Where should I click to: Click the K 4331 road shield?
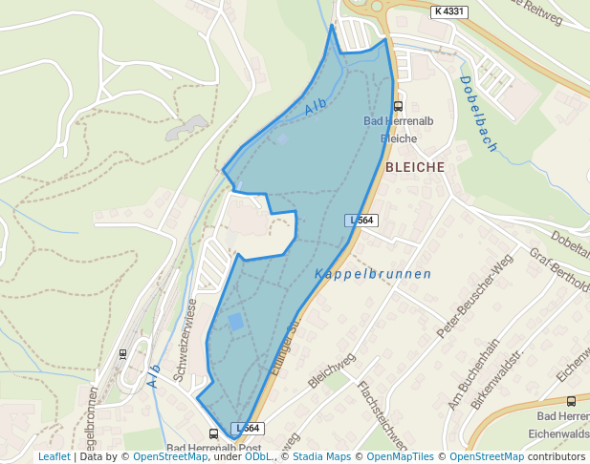click(x=449, y=11)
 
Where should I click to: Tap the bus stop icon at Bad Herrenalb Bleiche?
click(x=399, y=107)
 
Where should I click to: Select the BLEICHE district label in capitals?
click(x=415, y=167)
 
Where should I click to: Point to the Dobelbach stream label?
click(x=478, y=113)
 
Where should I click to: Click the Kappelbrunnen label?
click(x=373, y=274)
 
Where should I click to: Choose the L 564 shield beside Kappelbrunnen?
click(x=362, y=221)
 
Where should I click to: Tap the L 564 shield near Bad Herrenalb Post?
click(x=247, y=429)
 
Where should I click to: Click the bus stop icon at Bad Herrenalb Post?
click(x=213, y=434)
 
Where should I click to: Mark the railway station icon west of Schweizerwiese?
click(x=122, y=353)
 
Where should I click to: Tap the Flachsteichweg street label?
click(x=382, y=415)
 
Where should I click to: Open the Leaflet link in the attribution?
click(x=54, y=456)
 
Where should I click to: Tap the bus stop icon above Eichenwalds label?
click(x=572, y=401)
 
